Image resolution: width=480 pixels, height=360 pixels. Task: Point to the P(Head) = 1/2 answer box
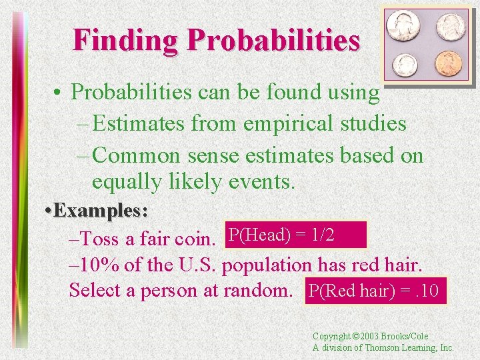coord(296,235)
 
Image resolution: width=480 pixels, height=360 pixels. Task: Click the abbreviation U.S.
coord(198,265)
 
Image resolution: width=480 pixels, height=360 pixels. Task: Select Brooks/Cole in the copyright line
coord(407,337)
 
